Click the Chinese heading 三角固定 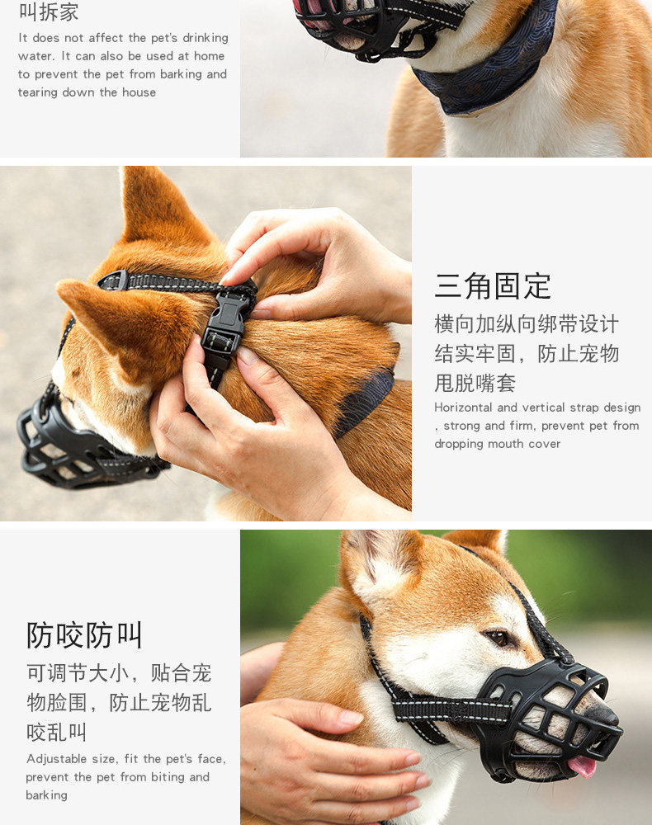[493, 285]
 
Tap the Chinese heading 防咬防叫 [84, 635]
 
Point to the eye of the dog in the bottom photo [498, 639]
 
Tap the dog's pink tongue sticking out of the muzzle [582, 766]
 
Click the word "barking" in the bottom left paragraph [46, 795]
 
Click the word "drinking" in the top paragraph [206, 38]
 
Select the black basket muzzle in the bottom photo [547, 721]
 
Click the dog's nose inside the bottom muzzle [602, 713]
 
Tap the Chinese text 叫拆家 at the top [49, 12]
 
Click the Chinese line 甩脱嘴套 [475, 383]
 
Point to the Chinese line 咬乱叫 [56, 732]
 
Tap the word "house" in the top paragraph [139, 92]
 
